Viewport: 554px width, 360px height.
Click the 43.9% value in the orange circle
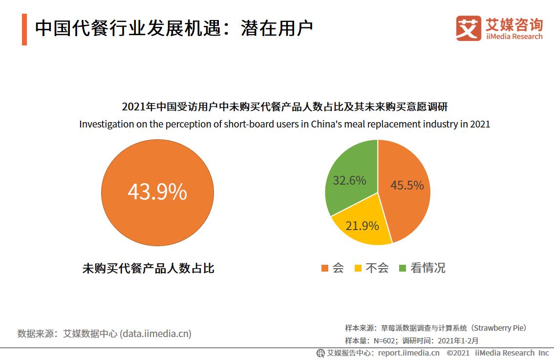(157, 192)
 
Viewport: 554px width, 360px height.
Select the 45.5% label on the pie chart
(407, 186)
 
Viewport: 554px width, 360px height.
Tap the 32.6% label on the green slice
(349, 180)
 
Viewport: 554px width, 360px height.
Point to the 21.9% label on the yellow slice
(362, 226)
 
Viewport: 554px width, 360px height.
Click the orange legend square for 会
(325, 268)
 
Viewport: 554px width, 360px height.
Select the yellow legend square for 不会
(358, 268)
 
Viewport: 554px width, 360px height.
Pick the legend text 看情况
(428, 268)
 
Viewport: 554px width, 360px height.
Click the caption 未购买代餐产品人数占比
(149, 268)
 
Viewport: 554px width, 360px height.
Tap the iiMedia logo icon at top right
(468, 28)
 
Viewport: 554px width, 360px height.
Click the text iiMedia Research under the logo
(514, 37)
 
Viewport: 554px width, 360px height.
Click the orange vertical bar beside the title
(24, 30)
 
